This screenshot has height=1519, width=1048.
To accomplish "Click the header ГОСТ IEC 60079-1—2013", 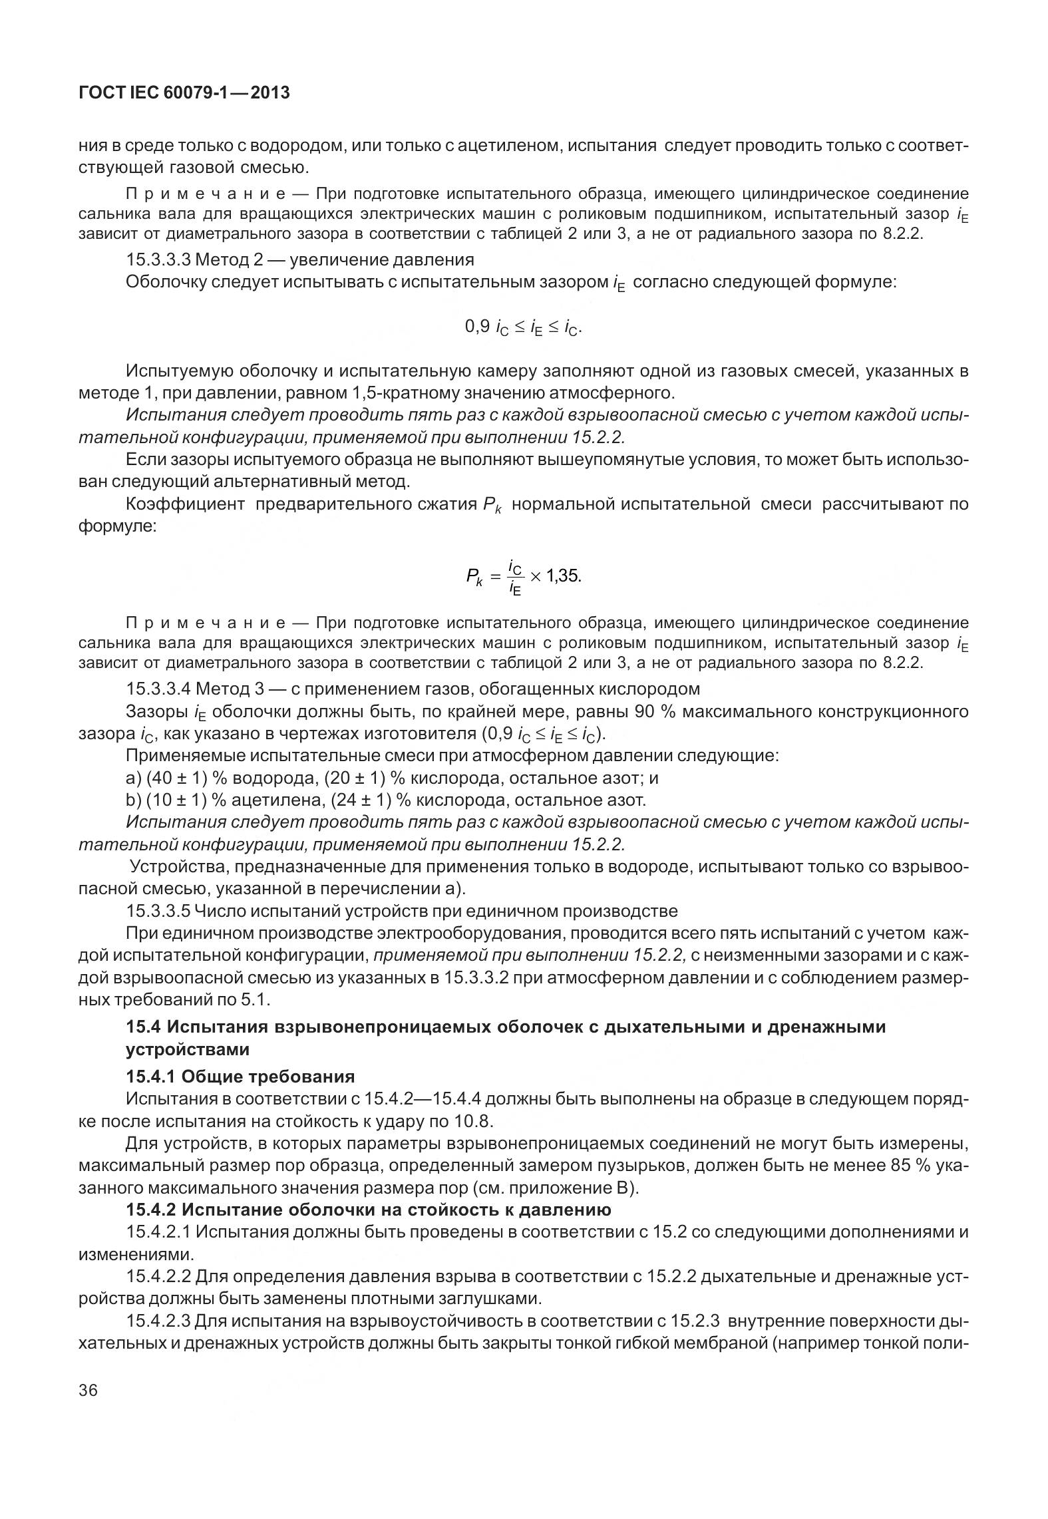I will point(184,93).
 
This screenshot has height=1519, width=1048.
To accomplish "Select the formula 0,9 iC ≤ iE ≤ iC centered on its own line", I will point(523,327).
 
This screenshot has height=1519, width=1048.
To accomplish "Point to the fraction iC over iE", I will point(515,576).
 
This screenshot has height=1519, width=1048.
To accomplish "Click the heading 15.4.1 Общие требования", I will point(240,1076).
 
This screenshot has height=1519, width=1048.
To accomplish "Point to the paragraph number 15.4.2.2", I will point(158,1276).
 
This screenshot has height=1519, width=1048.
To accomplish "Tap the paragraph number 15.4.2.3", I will point(158,1321).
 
